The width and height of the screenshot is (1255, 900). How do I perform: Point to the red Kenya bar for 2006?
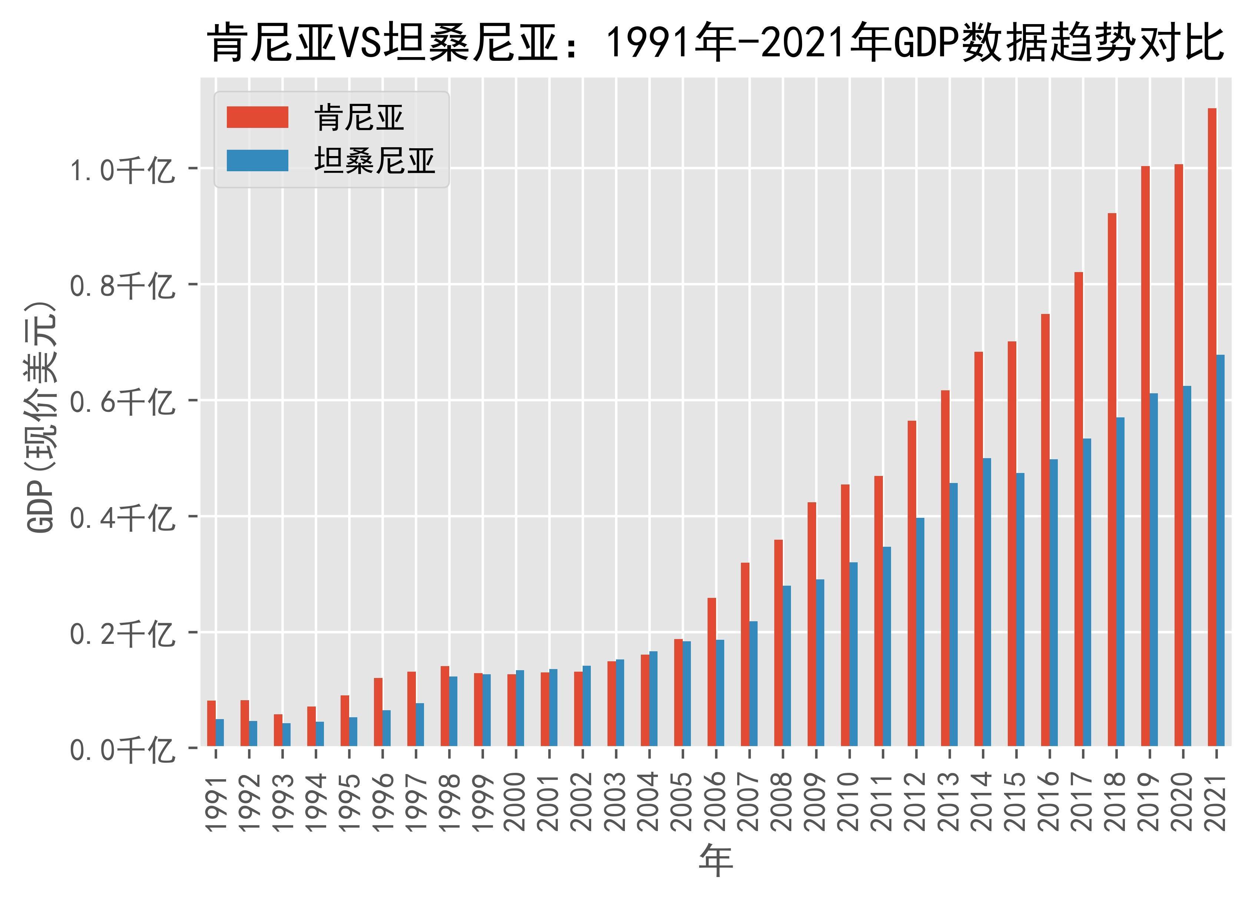click(x=712, y=672)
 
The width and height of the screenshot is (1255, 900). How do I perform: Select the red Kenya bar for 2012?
click(x=911, y=583)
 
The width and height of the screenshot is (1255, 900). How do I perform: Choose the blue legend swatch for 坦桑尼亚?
click(x=257, y=161)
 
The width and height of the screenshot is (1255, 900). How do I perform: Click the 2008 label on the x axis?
click(x=782, y=802)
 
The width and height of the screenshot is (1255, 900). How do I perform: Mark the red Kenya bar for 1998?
click(x=445, y=706)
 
